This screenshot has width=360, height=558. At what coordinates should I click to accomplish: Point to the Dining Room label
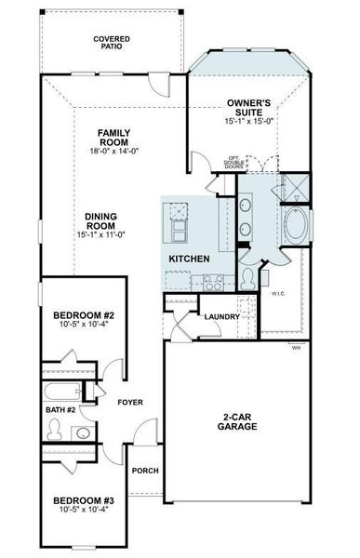[100, 219]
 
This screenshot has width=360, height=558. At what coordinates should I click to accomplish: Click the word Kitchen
[189, 258]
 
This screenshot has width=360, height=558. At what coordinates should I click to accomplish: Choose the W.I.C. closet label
[279, 295]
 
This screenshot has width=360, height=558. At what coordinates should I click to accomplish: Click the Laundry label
[223, 316]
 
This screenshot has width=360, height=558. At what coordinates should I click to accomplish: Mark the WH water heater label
[297, 348]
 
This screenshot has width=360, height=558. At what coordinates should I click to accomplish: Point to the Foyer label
[128, 402]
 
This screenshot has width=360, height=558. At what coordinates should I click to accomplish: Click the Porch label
[144, 471]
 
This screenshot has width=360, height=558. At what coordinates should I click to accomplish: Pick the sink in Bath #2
[82, 432]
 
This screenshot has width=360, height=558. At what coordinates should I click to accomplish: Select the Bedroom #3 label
[82, 503]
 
